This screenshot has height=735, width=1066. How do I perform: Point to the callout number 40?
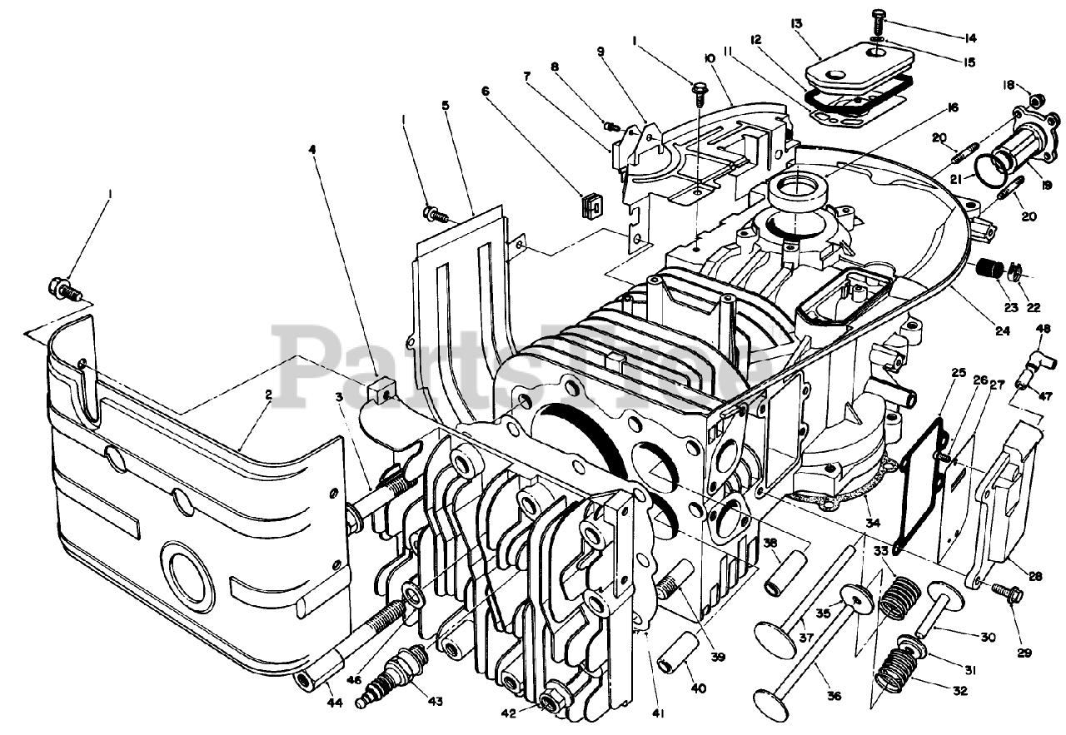coord(698,688)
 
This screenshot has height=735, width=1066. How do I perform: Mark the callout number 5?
coord(446,106)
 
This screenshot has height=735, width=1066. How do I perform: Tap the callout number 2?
coord(268,396)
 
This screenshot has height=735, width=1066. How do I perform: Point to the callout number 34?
coord(871,522)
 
